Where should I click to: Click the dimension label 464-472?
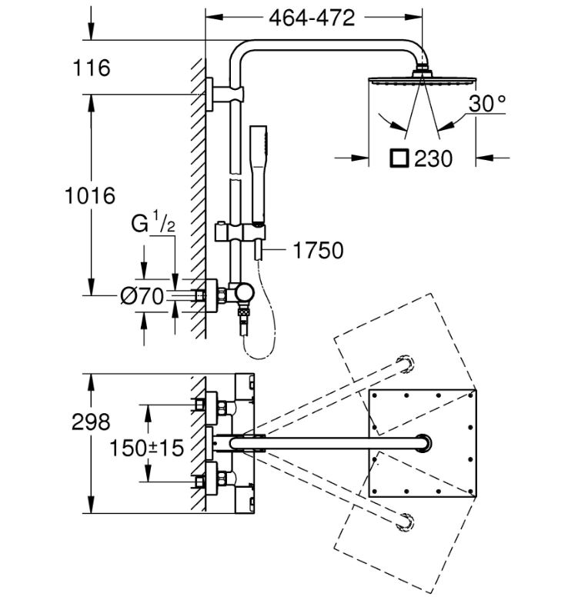pyautogui.click(x=312, y=17)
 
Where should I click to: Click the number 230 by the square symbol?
pyautogui.click(x=433, y=158)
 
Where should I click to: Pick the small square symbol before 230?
pyautogui.click(x=398, y=158)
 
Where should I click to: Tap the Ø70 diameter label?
pyautogui.click(x=144, y=295)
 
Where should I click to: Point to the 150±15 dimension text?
pyautogui.click(x=146, y=447)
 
